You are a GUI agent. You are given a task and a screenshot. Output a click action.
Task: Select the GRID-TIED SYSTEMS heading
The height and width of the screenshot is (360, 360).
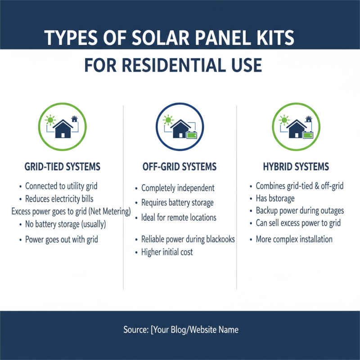click(x=62, y=167)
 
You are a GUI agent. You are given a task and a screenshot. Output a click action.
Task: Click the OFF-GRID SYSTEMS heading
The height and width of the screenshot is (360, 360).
click(x=180, y=167)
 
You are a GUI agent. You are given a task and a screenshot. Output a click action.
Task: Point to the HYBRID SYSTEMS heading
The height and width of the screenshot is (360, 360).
click(x=296, y=167)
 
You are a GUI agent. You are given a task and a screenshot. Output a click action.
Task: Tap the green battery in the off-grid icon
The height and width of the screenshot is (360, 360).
click(x=192, y=135)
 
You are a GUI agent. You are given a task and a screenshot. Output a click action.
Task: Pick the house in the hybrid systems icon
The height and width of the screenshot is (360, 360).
click(x=297, y=129)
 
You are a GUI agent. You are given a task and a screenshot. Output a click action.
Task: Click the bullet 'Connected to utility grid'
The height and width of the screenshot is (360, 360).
click(x=61, y=186)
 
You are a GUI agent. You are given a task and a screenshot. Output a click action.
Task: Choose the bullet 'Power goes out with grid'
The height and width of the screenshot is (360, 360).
click(x=62, y=239)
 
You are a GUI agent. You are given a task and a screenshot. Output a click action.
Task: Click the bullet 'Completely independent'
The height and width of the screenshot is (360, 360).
click(x=178, y=188)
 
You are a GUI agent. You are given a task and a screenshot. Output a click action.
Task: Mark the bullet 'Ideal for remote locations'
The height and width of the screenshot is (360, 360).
click(x=179, y=218)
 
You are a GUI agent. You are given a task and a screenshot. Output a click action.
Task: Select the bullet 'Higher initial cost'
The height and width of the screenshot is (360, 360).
click(x=167, y=252)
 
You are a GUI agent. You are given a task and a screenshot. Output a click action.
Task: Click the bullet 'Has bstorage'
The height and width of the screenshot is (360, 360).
click(x=275, y=198)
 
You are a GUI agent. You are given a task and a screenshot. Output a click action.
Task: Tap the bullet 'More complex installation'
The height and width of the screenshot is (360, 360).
click(x=294, y=239)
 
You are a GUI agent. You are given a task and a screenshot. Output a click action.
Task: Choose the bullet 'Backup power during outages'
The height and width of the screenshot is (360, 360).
click(x=300, y=211)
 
